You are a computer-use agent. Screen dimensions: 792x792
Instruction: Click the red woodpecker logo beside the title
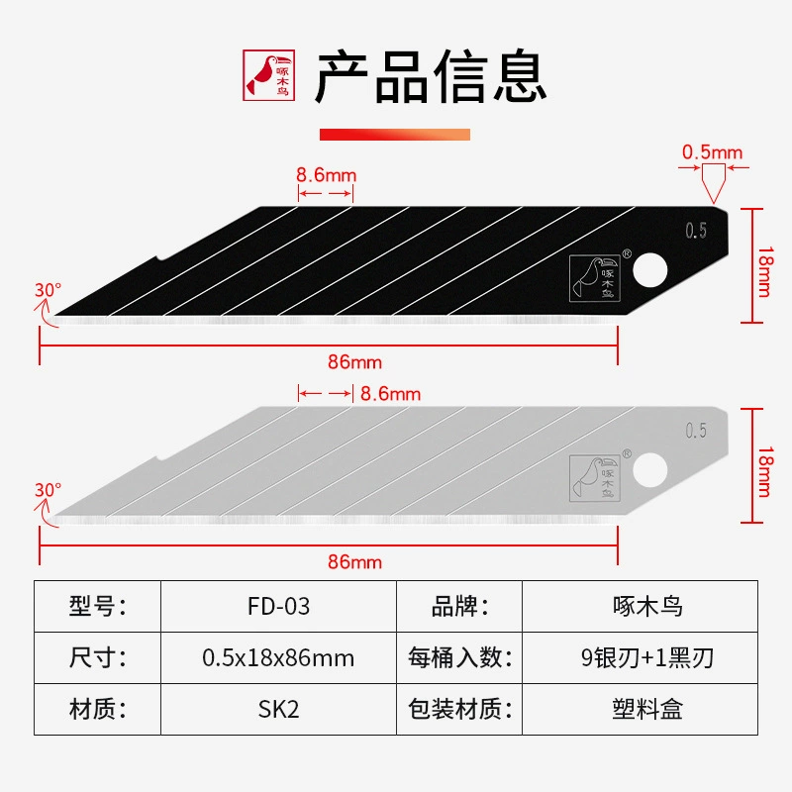[268, 75]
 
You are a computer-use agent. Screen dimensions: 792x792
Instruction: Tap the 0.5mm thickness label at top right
[712, 152]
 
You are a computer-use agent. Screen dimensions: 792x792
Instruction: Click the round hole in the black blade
[650, 269]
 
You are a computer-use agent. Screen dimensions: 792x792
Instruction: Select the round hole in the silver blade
[650, 469]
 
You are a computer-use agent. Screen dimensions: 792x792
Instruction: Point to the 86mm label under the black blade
[354, 362]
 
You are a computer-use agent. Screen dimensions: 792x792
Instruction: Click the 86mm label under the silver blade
[354, 562]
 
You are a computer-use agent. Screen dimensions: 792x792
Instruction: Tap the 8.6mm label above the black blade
[327, 175]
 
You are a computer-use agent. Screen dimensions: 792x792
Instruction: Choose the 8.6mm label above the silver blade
[390, 394]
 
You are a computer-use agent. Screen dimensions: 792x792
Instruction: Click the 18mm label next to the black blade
[765, 271]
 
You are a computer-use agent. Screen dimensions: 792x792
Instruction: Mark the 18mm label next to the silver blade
[765, 472]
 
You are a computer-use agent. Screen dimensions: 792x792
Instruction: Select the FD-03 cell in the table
[278, 606]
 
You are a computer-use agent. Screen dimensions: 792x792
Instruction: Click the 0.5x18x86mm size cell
[278, 657]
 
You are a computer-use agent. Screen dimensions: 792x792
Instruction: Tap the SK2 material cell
[278, 709]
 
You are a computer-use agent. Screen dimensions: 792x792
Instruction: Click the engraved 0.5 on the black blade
[696, 231]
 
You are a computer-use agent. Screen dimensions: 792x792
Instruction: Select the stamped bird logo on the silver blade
[595, 478]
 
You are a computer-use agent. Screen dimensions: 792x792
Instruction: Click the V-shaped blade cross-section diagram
[713, 183]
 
